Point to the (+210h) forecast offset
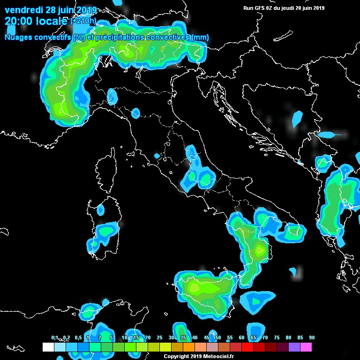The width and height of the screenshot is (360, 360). tap(84, 22)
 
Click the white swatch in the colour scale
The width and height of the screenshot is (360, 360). tap(48, 347)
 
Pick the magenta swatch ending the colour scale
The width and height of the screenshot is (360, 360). tap(306, 347)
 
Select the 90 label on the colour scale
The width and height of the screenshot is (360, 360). tap(312, 338)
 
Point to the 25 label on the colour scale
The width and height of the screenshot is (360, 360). tap(159, 338)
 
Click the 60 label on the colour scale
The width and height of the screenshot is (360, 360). tap(241, 338)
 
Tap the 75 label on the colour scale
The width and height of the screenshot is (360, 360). tap(277, 338)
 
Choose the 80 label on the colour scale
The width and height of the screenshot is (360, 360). tap(288, 338)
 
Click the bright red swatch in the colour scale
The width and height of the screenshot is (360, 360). tap(247, 347)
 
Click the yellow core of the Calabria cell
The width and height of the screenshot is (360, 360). tap(259, 250)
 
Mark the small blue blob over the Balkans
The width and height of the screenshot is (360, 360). tap(297, 119)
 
